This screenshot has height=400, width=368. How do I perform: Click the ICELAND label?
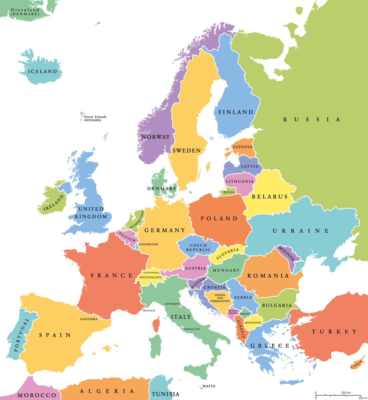(x=43, y=71)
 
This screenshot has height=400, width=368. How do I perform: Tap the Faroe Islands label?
(x=95, y=117)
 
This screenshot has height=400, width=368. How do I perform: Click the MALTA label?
(x=209, y=386)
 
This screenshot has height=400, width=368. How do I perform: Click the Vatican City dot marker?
(x=182, y=327)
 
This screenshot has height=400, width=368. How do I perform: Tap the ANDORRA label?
(x=89, y=319)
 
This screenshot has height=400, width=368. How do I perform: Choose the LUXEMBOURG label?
(x=148, y=244)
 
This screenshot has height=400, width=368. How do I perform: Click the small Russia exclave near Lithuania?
(x=229, y=192)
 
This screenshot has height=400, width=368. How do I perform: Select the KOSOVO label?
(x=245, y=314)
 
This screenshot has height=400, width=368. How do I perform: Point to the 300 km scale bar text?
(x=346, y=393)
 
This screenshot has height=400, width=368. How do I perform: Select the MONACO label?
(x=149, y=311)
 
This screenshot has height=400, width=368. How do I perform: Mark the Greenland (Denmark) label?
(x=25, y=12)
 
